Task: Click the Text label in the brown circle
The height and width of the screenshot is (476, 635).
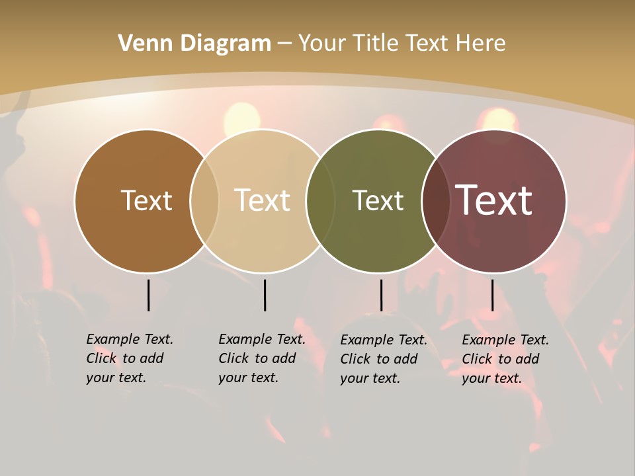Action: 146,200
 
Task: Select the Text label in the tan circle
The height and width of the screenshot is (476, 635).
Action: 262,200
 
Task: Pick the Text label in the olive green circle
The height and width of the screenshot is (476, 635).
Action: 378,200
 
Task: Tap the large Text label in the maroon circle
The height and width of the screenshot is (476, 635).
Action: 494,200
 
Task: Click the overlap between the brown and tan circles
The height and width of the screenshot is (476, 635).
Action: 204,200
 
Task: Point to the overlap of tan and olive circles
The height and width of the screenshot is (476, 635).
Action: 321,200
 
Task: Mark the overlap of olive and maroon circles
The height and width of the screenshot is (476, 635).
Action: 435,200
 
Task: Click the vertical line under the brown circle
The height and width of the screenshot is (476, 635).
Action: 148,295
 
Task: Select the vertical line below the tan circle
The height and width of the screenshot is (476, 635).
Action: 265,295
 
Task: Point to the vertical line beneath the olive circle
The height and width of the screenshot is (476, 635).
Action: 381,295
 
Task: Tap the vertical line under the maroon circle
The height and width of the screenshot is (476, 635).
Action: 492,295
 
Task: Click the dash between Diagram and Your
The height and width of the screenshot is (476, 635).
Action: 284,44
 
